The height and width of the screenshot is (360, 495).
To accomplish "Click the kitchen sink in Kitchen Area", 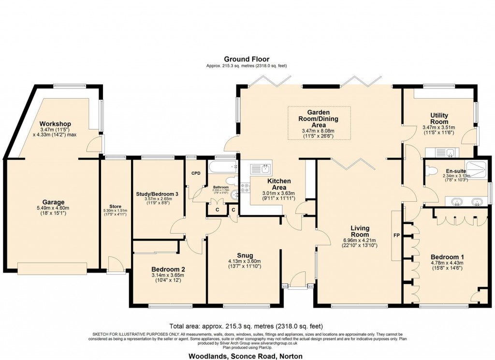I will pos(262,169).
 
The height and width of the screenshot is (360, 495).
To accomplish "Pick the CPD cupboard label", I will pos(196,173).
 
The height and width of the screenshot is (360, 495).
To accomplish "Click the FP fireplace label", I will pos(396,236).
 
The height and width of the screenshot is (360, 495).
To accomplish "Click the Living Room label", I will pos(360,231).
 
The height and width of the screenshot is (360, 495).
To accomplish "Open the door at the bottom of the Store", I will pos(115,266).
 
